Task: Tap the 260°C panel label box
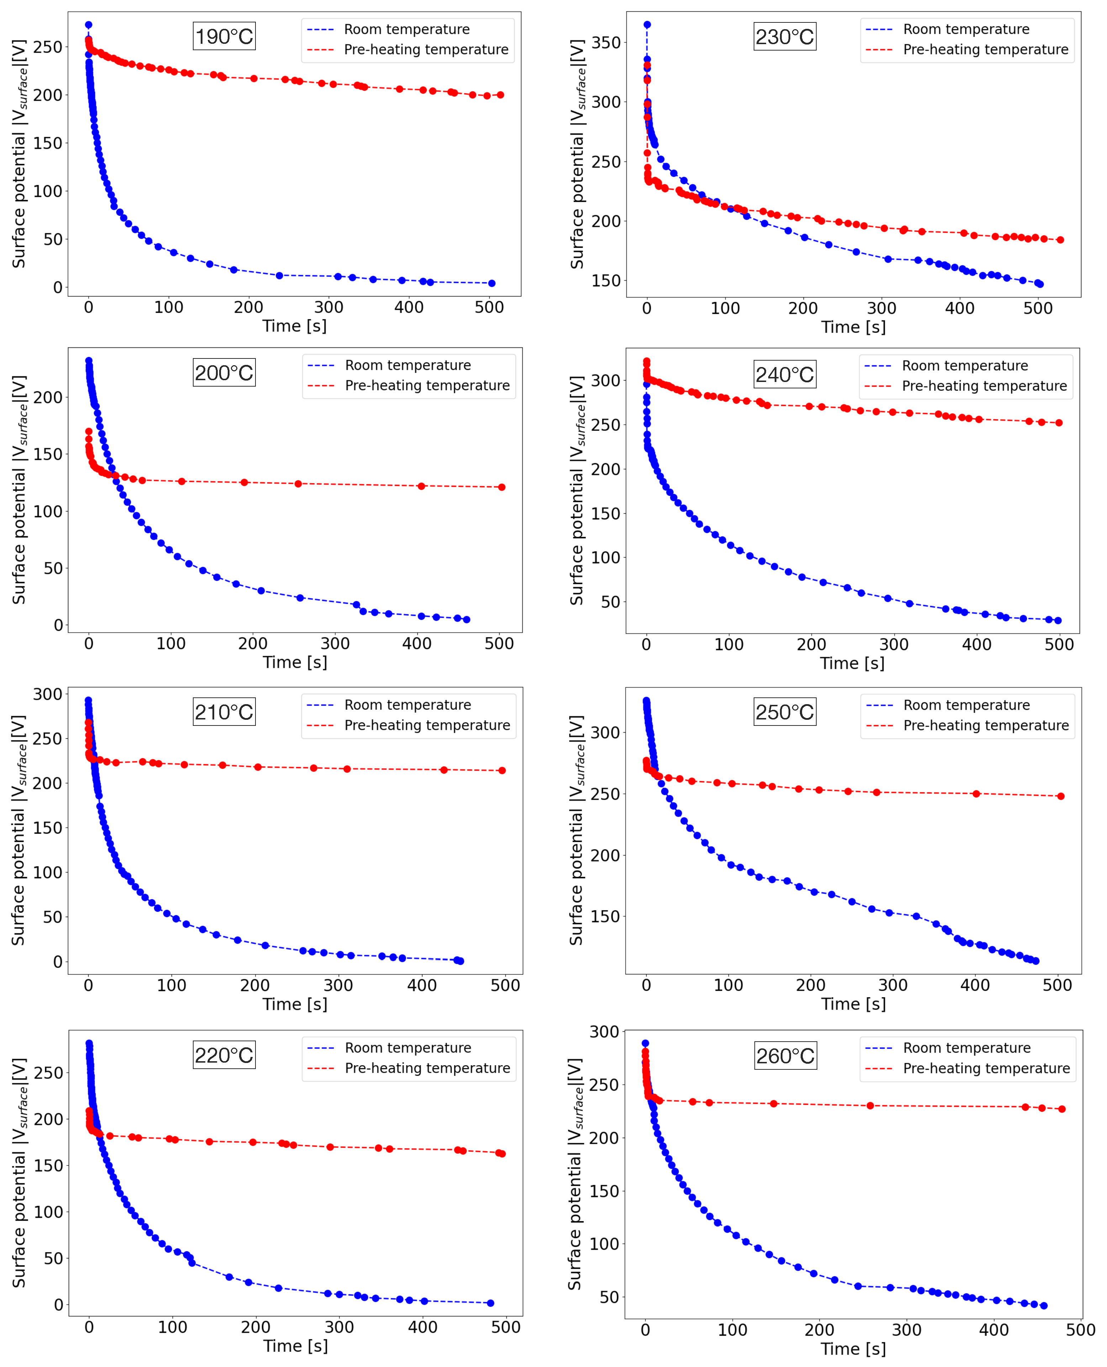click(785, 1056)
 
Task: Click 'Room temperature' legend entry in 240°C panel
click(964, 366)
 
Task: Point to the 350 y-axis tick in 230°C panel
click(606, 43)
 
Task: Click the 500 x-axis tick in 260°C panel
click(1080, 1330)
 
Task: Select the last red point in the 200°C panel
click(502, 487)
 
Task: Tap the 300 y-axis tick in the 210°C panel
click(48, 694)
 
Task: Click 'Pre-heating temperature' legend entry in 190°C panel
click(426, 50)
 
